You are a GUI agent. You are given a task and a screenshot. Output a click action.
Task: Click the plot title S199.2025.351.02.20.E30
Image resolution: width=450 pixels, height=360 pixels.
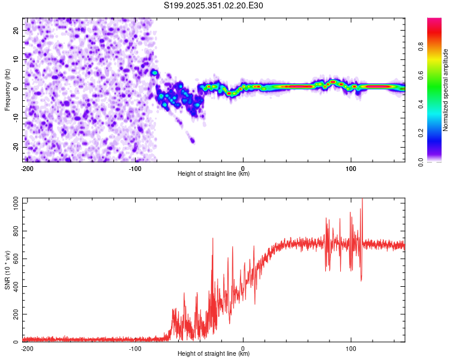coord(214,5)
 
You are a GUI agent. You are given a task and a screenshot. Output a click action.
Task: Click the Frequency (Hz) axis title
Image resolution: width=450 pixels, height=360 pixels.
coord(8,89)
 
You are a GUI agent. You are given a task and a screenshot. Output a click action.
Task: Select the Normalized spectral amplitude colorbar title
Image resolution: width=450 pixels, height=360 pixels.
coord(445,90)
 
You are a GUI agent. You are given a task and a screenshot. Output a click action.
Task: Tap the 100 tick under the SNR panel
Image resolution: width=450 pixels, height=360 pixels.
coord(351,349)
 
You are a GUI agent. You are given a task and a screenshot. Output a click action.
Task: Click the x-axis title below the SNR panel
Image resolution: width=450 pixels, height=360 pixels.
coord(214,355)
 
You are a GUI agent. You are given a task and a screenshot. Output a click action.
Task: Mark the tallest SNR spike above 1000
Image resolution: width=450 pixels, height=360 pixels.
coord(362,201)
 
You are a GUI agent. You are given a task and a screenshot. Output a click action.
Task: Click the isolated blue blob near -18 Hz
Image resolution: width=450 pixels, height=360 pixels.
coord(192,140)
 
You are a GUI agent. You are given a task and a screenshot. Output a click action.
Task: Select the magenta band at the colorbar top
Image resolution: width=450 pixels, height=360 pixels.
coord(434,21)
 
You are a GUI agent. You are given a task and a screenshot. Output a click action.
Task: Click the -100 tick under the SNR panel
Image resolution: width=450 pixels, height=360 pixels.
coord(135,349)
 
